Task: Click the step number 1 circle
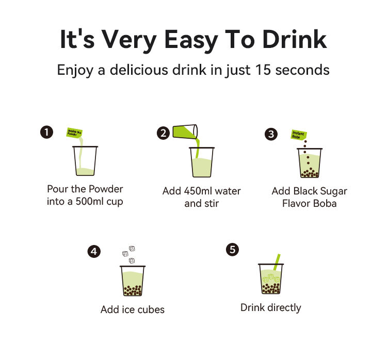coord(46,132)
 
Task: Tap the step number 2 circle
coord(163,133)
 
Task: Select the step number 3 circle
coord(271,134)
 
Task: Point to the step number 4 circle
coord(94,251)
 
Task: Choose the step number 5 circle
coord(233,250)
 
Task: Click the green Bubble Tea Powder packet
coord(74,133)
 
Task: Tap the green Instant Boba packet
coord(299,135)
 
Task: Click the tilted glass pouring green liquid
coord(185,132)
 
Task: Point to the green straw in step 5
coord(277,262)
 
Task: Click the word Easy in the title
coord(191,40)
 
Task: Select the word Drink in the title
coord(295,39)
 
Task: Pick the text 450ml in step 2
coord(198,191)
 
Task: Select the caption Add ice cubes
coord(133,309)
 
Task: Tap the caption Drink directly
coord(271,308)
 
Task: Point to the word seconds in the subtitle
coord(302,70)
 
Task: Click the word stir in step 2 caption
coord(211,204)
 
